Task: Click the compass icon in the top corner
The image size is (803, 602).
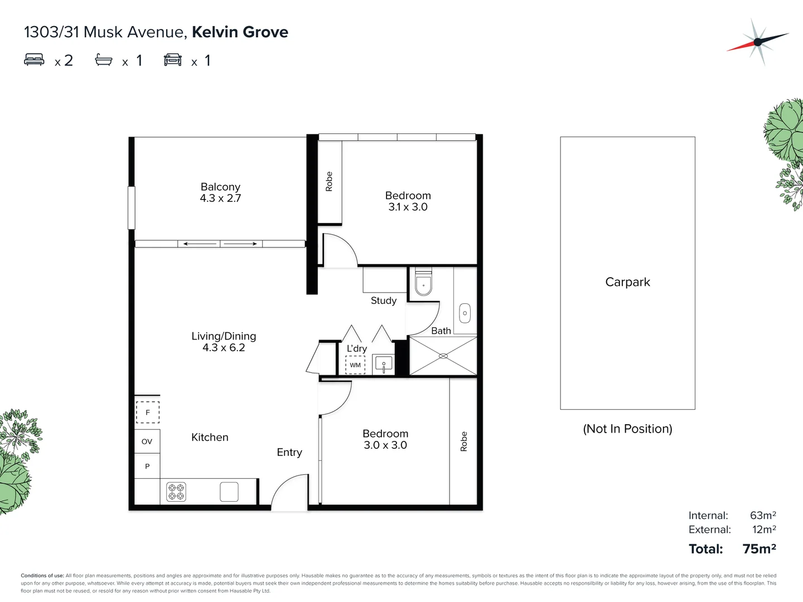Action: [757, 42]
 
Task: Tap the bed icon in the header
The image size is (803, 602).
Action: [34, 60]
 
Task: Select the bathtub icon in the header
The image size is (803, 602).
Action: [104, 60]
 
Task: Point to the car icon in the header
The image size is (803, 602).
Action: [173, 60]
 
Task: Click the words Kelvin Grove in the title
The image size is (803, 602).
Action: [240, 32]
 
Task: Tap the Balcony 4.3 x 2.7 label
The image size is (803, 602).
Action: [220, 192]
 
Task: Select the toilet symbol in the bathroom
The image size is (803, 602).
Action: [424, 284]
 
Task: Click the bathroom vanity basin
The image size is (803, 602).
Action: [465, 313]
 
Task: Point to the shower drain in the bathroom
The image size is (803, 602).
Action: [443, 356]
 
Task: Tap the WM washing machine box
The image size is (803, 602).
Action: [355, 365]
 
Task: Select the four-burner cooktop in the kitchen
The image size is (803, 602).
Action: [176, 492]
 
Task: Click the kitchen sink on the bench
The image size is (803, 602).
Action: [229, 492]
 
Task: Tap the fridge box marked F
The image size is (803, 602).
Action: [148, 412]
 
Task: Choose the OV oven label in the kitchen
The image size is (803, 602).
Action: [147, 441]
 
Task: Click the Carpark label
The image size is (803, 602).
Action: [627, 282]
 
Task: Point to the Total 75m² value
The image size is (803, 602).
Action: [759, 549]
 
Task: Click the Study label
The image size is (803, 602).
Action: [384, 300]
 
